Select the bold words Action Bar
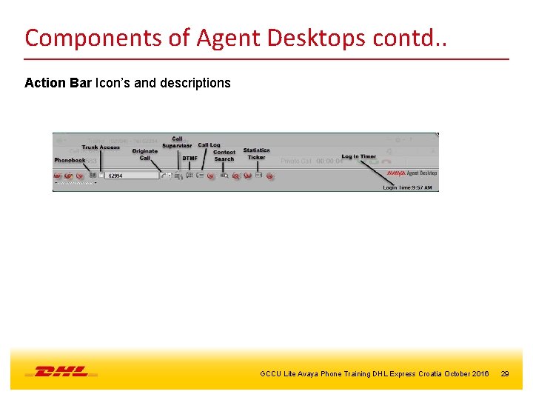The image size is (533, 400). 58,83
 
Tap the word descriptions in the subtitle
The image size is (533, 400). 197,83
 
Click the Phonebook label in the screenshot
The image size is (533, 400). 70,160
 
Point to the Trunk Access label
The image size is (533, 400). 101,147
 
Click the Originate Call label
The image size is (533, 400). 145,154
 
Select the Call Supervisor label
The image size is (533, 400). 177,142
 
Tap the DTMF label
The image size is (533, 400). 190,158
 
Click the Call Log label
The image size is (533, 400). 209,145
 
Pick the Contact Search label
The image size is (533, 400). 224,156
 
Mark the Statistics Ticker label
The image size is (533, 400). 256,154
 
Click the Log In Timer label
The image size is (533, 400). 358,156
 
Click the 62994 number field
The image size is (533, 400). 132,176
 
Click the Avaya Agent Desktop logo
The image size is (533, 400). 412,173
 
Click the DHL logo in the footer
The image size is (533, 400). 61,371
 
